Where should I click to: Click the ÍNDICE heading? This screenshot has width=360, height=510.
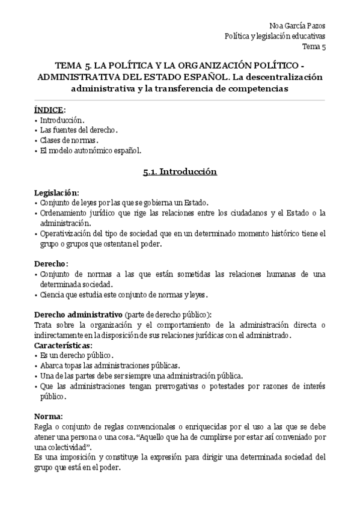(47, 109)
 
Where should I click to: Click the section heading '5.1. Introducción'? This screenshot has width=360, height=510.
(180, 171)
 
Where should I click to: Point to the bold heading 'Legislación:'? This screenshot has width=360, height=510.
(56, 192)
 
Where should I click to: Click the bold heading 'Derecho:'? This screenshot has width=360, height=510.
(51, 263)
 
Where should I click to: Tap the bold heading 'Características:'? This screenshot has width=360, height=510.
(63, 346)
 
